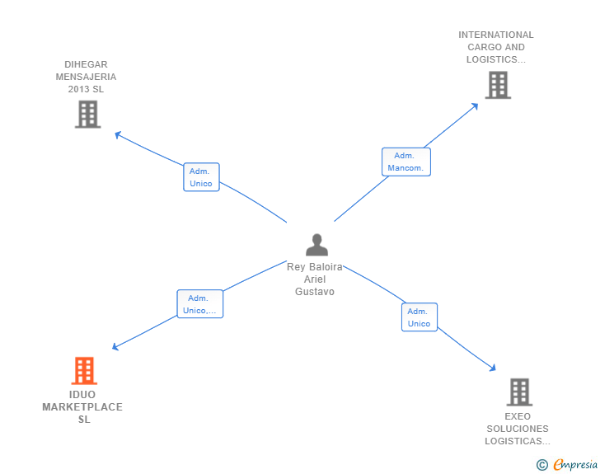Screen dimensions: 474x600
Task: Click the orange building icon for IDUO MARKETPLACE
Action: click(x=84, y=371)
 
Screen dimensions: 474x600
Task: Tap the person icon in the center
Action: click(x=316, y=245)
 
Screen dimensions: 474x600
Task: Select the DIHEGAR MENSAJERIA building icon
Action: click(x=87, y=115)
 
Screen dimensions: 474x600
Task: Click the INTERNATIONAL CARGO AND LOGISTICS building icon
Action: click(x=497, y=85)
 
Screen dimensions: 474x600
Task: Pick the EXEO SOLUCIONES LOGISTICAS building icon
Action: click(x=518, y=392)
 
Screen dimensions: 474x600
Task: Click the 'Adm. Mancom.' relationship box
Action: click(x=405, y=162)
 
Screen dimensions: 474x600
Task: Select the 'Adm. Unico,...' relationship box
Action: click(x=200, y=304)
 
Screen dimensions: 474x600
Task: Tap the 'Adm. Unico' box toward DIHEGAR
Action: click(x=201, y=177)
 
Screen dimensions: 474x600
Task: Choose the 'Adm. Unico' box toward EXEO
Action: click(x=419, y=317)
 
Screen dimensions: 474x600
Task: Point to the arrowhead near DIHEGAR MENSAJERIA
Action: click(x=118, y=134)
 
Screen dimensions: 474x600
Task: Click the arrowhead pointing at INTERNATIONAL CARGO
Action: click(x=475, y=106)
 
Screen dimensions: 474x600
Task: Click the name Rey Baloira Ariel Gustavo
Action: click(x=315, y=279)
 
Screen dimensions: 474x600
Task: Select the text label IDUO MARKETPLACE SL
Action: click(x=82, y=407)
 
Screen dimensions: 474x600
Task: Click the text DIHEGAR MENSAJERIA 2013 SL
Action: click(x=87, y=77)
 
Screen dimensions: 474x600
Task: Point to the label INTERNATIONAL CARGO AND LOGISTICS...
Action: click(x=496, y=47)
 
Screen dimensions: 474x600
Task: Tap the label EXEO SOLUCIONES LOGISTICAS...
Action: click(x=518, y=429)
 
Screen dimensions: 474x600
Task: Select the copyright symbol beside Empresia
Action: click(x=541, y=465)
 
